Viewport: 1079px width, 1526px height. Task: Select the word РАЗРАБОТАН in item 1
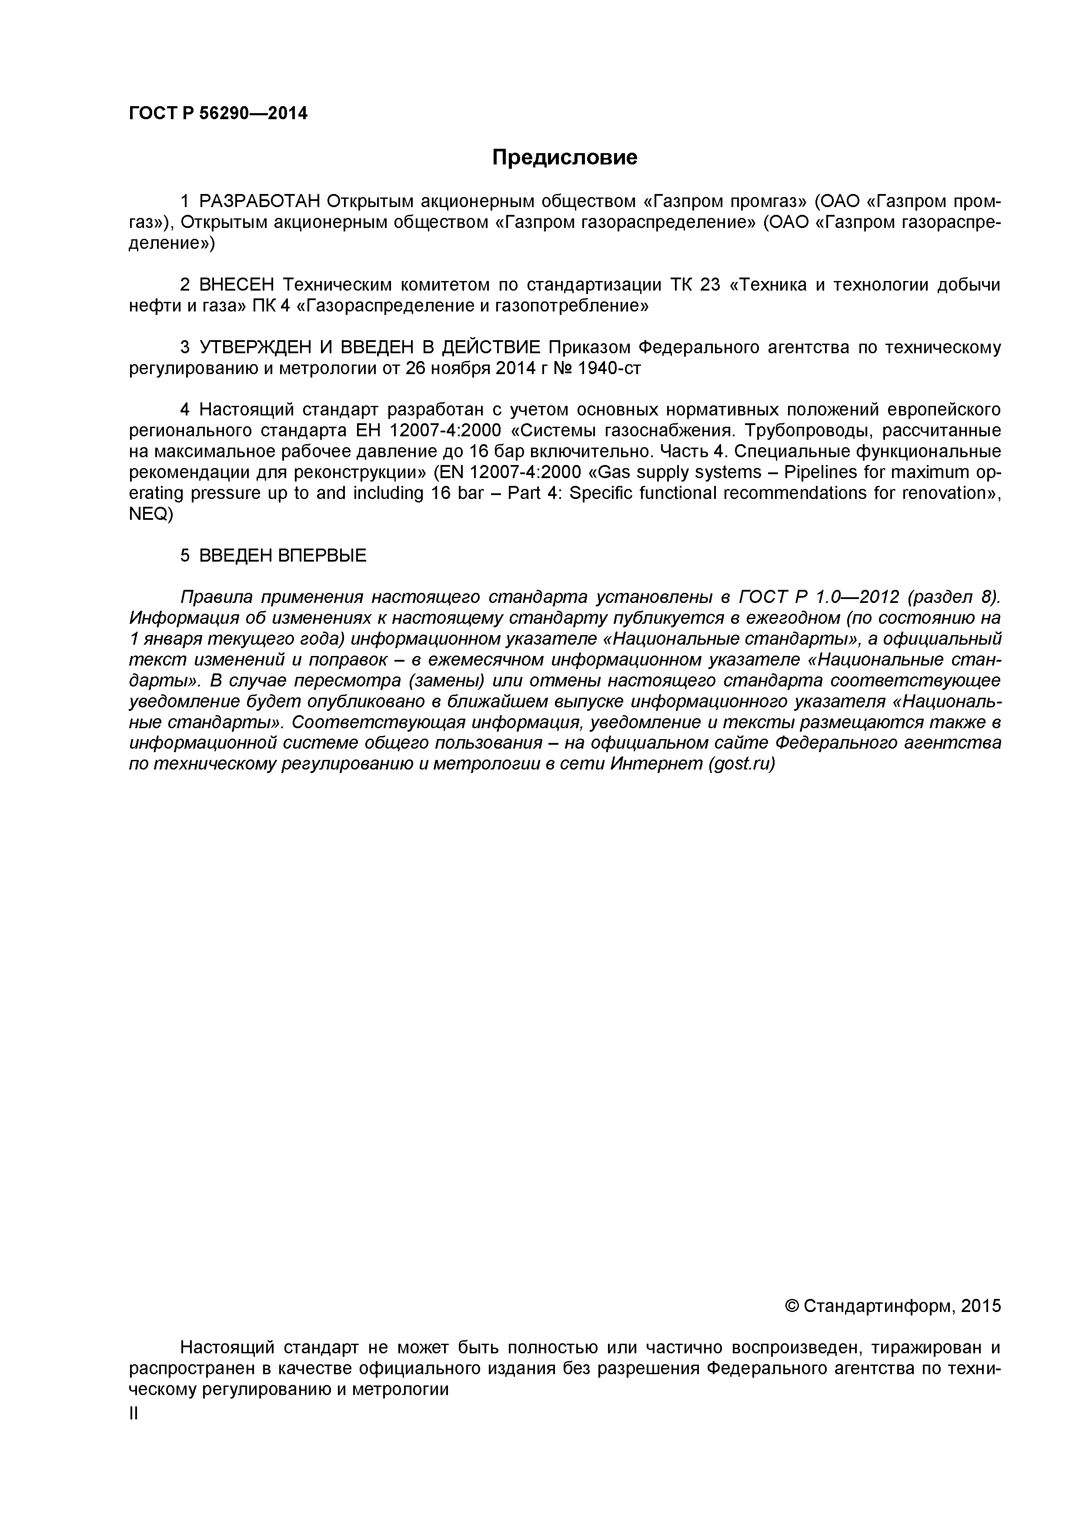point(260,201)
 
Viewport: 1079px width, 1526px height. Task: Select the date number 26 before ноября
point(415,369)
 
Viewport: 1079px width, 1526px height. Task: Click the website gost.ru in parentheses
point(740,764)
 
